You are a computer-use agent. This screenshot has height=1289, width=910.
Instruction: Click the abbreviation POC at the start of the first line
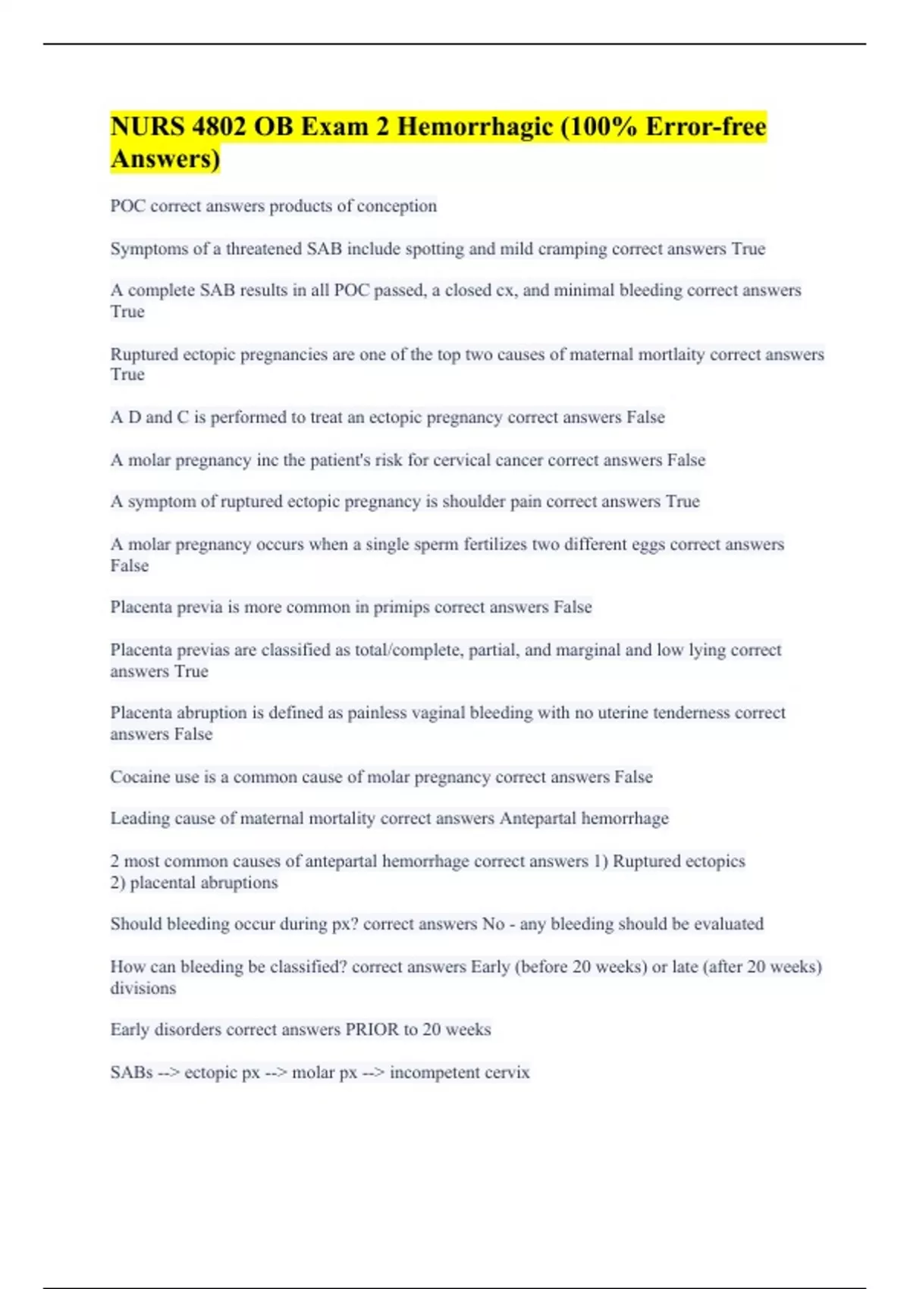[x=127, y=206]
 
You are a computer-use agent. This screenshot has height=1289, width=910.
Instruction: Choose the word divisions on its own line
[x=143, y=989]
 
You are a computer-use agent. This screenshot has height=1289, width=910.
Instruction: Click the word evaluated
[x=728, y=924]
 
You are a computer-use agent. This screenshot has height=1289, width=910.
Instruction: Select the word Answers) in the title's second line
[x=165, y=159]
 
